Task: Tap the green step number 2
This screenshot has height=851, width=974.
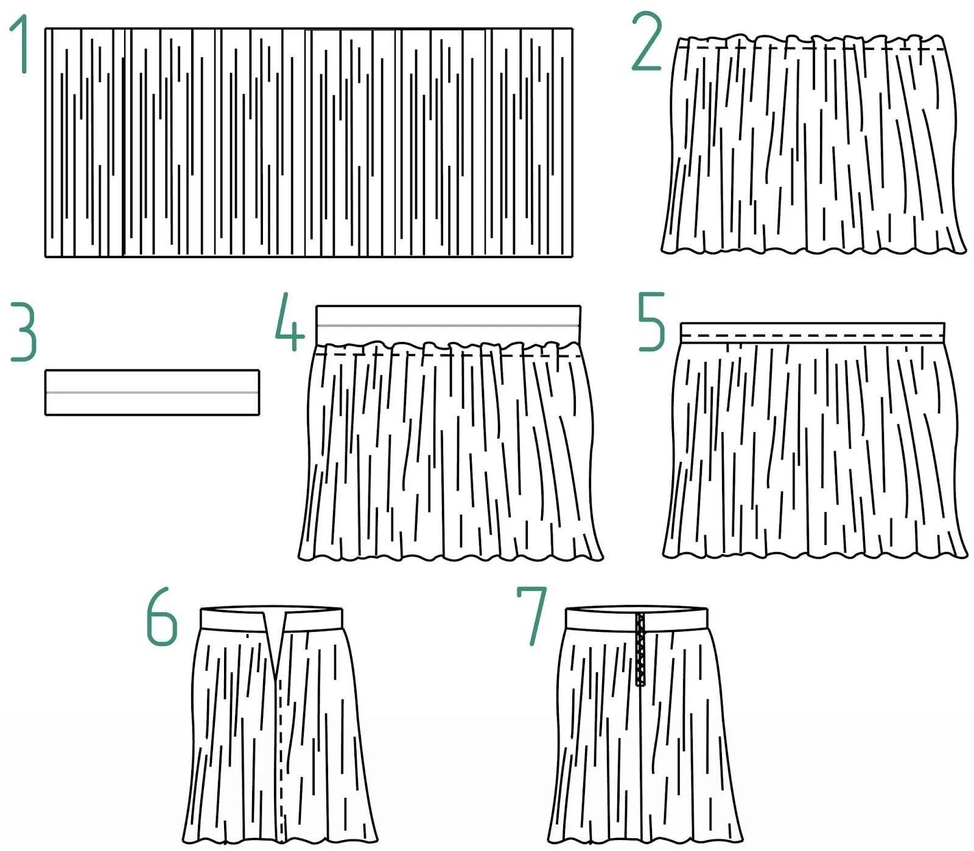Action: point(646,41)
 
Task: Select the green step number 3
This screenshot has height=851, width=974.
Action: point(23,334)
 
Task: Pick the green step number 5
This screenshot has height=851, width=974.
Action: point(651,323)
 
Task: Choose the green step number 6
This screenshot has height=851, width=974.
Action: point(161,618)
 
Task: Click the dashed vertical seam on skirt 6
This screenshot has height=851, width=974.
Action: point(279,761)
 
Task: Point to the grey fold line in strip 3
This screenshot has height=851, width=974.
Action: point(152,393)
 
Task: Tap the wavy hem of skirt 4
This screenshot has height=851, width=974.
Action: point(450,556)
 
